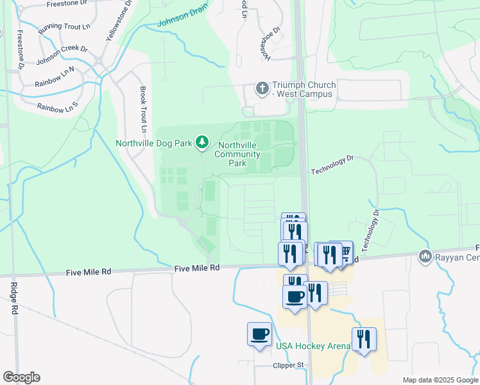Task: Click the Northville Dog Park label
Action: click(x=155, y=142)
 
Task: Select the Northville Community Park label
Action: click(x=237, y=154)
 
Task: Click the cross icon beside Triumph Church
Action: click(x=262, y=88)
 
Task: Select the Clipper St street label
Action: click(x=288, y=365)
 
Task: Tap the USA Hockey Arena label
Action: click(x=313, y=346)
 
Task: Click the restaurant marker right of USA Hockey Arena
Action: click(x=364, y=338)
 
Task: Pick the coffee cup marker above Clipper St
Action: click(x=259, y=334)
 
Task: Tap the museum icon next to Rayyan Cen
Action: click(x=424, y=257)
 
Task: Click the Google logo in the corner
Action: click(x=21, y=377)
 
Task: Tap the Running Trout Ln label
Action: click(x=64, y=28)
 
